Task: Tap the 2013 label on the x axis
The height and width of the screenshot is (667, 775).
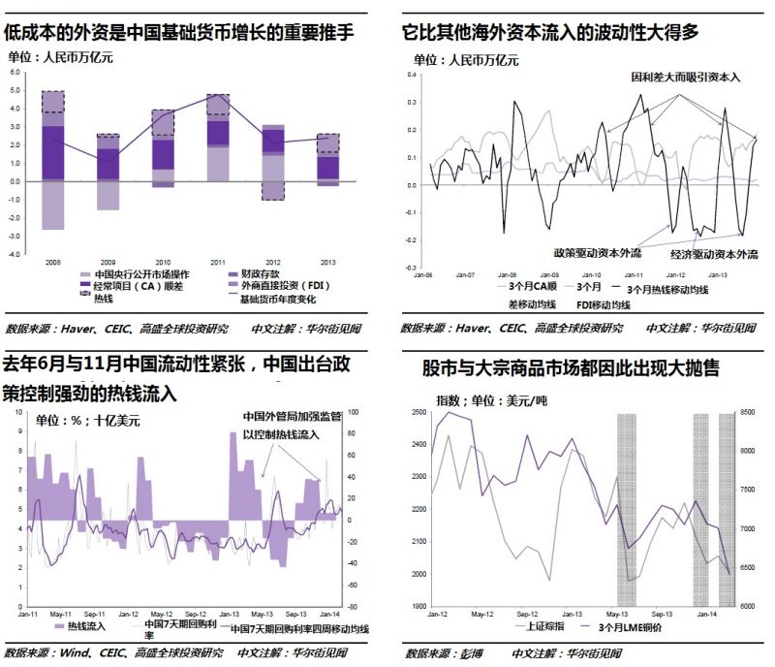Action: click(327, 262)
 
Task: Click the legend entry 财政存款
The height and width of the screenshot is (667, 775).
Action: click(242, 274)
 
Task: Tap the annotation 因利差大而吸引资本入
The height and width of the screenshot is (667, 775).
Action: click(686, 77)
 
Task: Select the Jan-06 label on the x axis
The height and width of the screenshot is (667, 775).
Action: click(423, 274)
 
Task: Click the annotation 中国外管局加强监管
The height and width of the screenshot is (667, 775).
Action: click(292, 418)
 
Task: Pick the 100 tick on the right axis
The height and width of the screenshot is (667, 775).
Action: click(354, 412)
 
